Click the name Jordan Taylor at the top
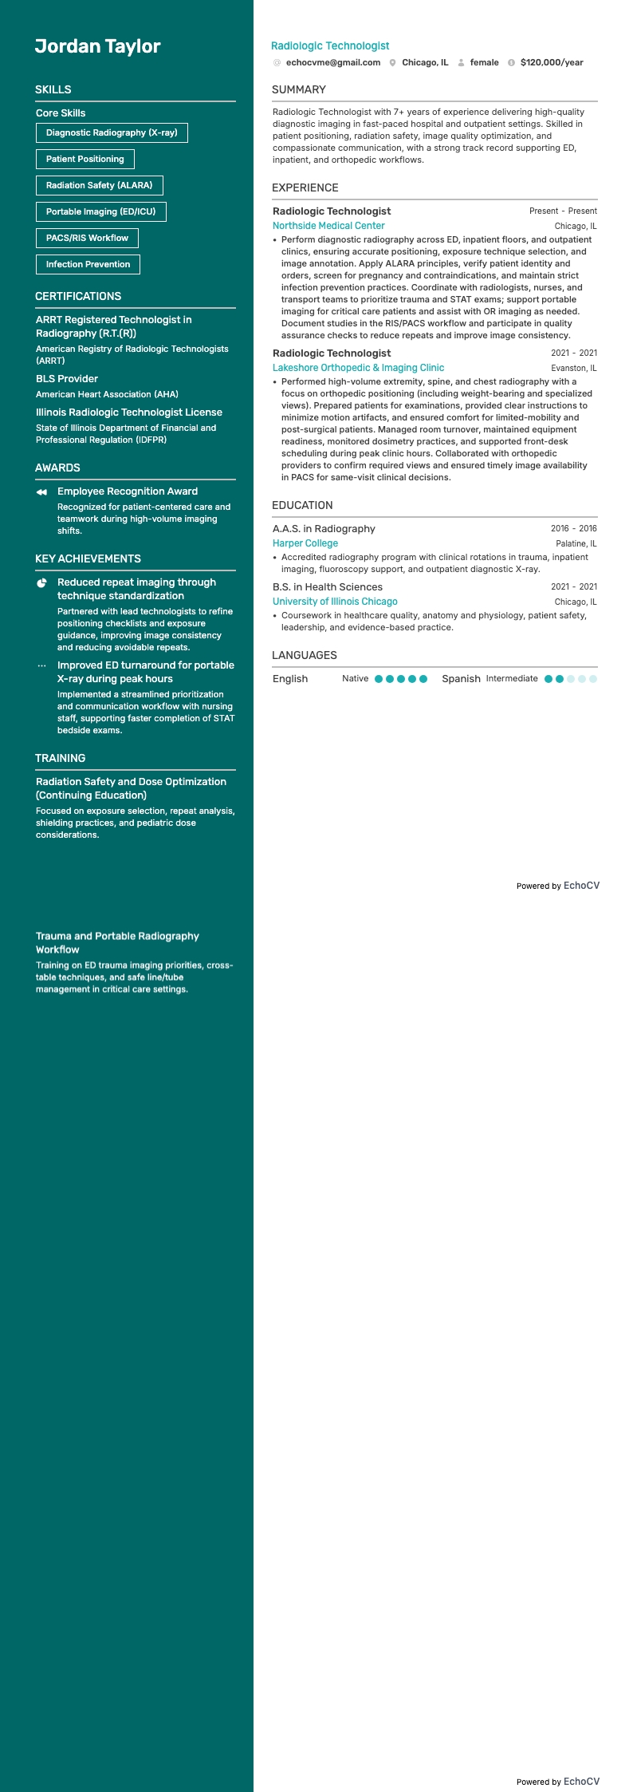pos(97,46)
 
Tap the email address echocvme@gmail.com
pos(332,62)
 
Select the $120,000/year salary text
pos(552,62)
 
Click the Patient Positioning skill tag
pos(85,159)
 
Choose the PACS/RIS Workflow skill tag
pos(87,238)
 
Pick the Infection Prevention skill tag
pos(88,264)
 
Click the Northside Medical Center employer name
pos(328,226)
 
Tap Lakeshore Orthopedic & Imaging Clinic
pos(358,368)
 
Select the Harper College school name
pos(305,543)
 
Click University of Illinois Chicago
pos(335,602)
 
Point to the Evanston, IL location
pos(574,369)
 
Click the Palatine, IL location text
pos(576,544)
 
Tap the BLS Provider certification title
pos(67,379)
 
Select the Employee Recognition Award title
pos(128,491)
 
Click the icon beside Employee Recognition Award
pos(41,492)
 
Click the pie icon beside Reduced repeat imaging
pos(41,583)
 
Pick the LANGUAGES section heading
pos(305,655)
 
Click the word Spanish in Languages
pos(461,679)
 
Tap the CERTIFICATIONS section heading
pos(78,296)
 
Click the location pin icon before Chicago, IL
pos(393,62)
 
